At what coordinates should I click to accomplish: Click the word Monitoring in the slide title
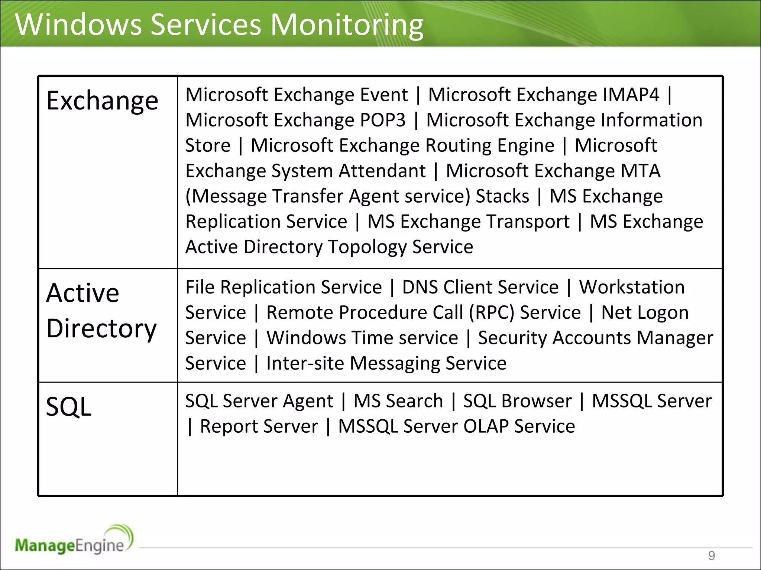tap(347, 25)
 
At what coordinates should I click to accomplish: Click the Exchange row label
tap(102, 101)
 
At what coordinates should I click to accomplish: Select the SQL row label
tap(68, 407)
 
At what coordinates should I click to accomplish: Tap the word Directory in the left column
tap(101, 329)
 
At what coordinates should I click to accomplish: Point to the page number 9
tap(711, 556)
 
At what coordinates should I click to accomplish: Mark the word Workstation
tap(632, 287)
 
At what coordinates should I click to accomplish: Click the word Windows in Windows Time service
tap(306, 338)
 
